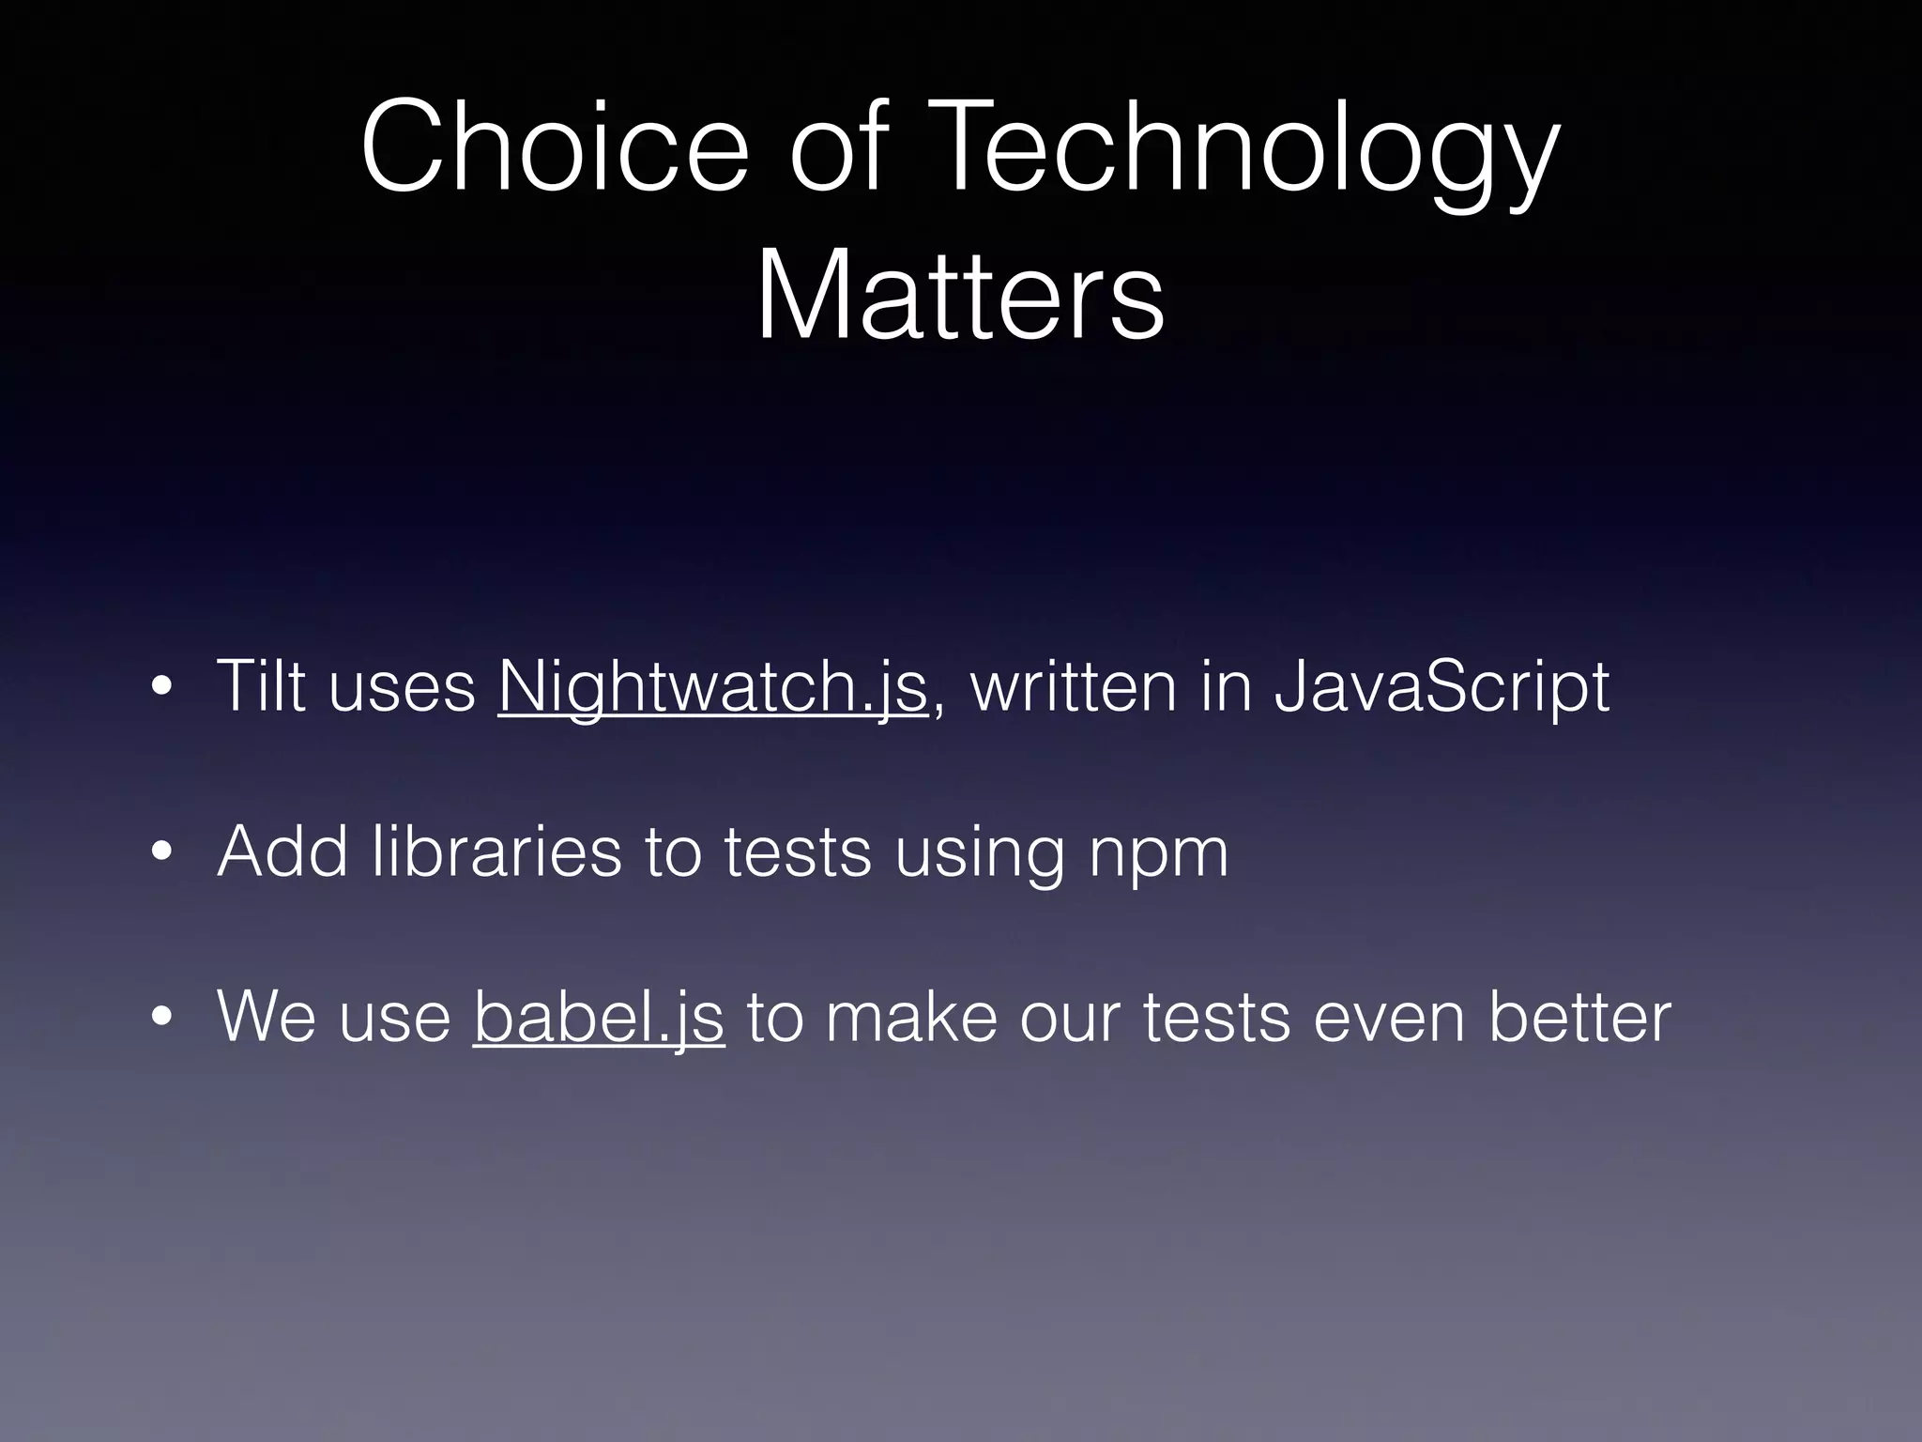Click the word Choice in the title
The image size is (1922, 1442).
click(554, 148)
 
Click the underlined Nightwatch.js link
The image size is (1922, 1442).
click(712, 687)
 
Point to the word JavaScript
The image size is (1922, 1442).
click(1441, 687)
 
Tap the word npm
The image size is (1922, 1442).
click(1157, 854)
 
